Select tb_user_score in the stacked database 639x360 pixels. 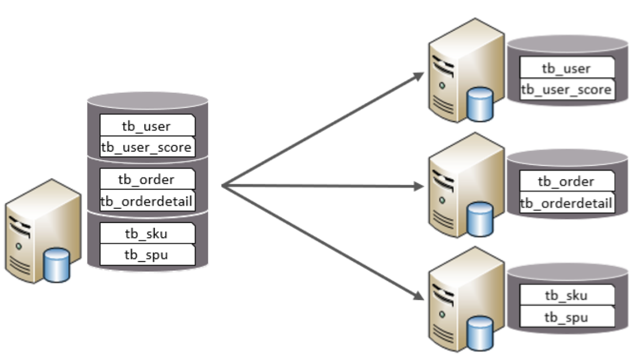pos(147,147)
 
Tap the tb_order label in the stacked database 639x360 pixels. pos(147,179)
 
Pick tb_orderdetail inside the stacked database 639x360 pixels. pos(147,201)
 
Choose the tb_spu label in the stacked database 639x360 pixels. pos(147,255)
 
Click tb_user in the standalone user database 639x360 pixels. pos(566,68)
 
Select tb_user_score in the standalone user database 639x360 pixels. pos(566,90)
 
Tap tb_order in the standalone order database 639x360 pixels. pos(566,182)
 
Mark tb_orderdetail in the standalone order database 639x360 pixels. pos(566,203)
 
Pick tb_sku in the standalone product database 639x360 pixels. pos(566,296)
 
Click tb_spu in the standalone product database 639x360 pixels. pos(566,317)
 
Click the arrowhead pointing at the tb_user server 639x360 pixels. pos(419,76)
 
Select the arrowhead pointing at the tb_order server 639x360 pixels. pos(419,186)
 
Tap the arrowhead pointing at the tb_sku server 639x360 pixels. pos(419,297)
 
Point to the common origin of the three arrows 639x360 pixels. pos(223,186)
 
